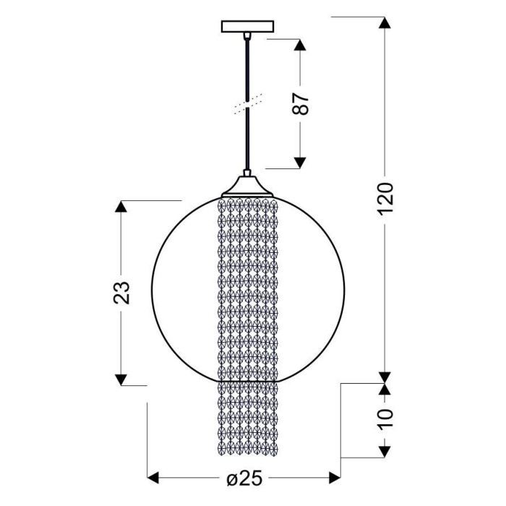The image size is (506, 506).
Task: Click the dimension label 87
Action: (301, 104)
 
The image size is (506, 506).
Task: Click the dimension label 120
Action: (385, 198)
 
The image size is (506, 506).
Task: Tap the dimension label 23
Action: (121, 293)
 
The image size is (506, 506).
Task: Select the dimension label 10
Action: (385, 418)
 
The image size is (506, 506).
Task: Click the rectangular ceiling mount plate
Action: (247, 27)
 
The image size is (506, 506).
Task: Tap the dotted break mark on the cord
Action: (248, 104)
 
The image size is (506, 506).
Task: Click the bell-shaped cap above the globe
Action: (247, 186)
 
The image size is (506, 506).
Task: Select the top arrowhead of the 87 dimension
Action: (301, 45)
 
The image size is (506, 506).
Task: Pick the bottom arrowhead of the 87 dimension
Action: (301, 163)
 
